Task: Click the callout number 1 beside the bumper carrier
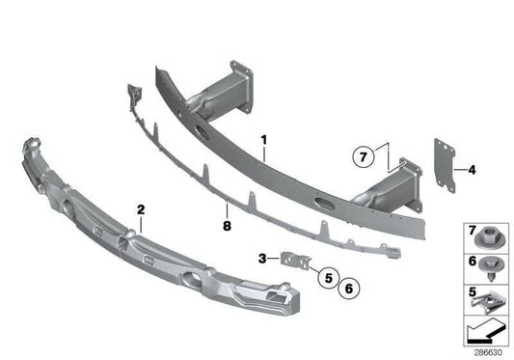click(x=263, y=141)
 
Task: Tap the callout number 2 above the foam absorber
click(x=141, y=208)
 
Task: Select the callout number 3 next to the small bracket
click(x=262, y=258)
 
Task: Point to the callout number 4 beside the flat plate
click(x=472, y=171)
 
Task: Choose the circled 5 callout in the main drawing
click(x=327, y=277)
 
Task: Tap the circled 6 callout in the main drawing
click(x=348, y=286)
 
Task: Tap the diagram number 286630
click(x=489, y=352)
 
